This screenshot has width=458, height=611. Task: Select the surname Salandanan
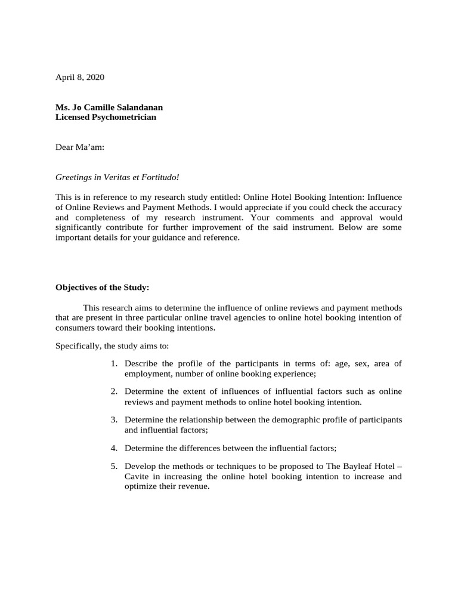point(136,107)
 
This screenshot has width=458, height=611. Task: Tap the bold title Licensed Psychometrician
point(106,117)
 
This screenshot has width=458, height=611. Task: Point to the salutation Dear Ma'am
point(79,147)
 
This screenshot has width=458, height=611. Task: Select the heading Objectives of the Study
point(101,287)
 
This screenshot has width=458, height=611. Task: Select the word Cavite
point(137,476)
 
